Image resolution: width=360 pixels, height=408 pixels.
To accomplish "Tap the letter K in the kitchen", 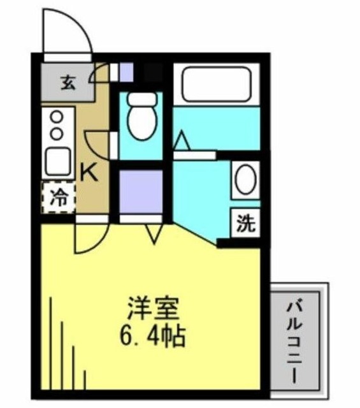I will (90, 172).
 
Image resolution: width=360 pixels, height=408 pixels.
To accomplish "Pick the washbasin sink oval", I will (244, 180).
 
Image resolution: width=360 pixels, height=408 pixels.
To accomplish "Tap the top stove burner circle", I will (57, 117).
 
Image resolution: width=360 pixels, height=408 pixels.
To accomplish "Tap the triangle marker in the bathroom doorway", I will (182, 141).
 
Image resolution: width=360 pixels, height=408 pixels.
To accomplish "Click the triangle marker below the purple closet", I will (154, 233).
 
